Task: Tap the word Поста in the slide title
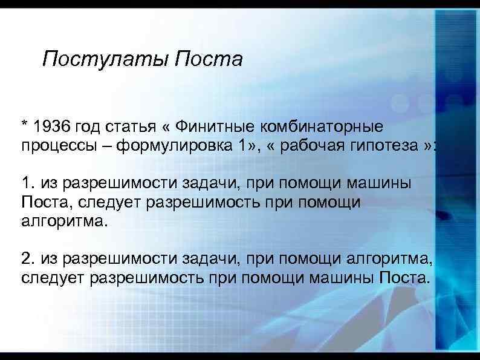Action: (x=207, y=59)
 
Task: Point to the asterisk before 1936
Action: (x=25, y=126)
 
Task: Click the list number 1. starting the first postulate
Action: (x=27, y=183)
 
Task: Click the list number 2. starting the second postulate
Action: (x=27, y=260)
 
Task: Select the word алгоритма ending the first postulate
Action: (x=63, y=221)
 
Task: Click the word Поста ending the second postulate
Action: (x=404, y=279)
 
